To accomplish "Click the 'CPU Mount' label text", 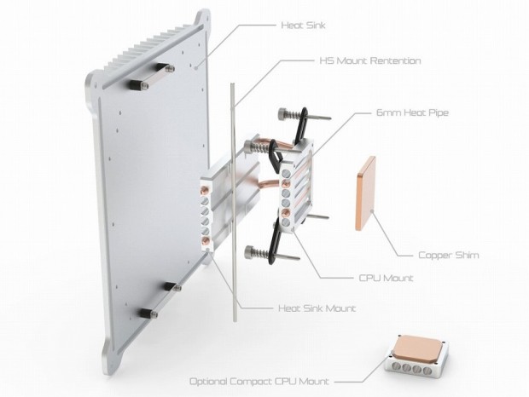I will click(383, 277).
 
